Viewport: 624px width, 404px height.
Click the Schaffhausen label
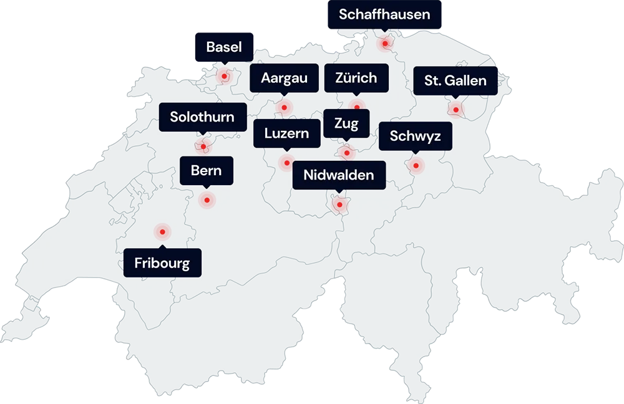pos(384,15)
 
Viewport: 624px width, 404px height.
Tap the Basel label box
pos(224,47)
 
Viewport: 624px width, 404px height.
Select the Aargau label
pos(284,79)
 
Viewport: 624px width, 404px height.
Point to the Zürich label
pos(356,78)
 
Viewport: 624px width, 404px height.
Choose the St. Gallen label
pos(456,81)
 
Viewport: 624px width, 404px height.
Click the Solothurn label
pos(202,117)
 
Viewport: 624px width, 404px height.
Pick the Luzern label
pos(286,133)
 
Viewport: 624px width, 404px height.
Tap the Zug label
pos(346,123)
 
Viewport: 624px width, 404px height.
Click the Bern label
pos(206,170)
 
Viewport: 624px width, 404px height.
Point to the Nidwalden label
pos(339,175)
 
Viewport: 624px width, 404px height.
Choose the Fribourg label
pos(162,263)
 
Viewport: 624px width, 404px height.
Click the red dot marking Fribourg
pos(162,232)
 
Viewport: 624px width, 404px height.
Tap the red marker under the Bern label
pos(207,200)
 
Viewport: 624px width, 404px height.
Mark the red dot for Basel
pos(224,77)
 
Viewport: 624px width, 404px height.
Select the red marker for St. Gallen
pos(456,110)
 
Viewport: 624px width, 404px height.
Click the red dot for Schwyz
pos(416,165)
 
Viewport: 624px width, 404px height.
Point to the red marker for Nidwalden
pos(339,204)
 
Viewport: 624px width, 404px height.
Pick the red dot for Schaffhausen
pos(385,43)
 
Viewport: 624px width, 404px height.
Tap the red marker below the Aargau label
pos(285,107)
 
